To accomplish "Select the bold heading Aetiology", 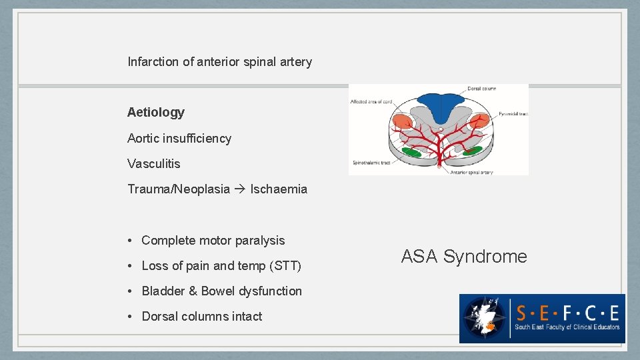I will coord(156,113).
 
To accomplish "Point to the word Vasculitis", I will coord(154,164).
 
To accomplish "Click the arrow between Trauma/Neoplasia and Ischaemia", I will coord(240,189).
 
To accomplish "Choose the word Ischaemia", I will coord(279,189).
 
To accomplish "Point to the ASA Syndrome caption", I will coord(464,257).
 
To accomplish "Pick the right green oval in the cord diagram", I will coord(473,151).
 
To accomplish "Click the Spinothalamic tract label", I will coord(371,163).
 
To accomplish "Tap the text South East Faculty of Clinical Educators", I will coord(567,327).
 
